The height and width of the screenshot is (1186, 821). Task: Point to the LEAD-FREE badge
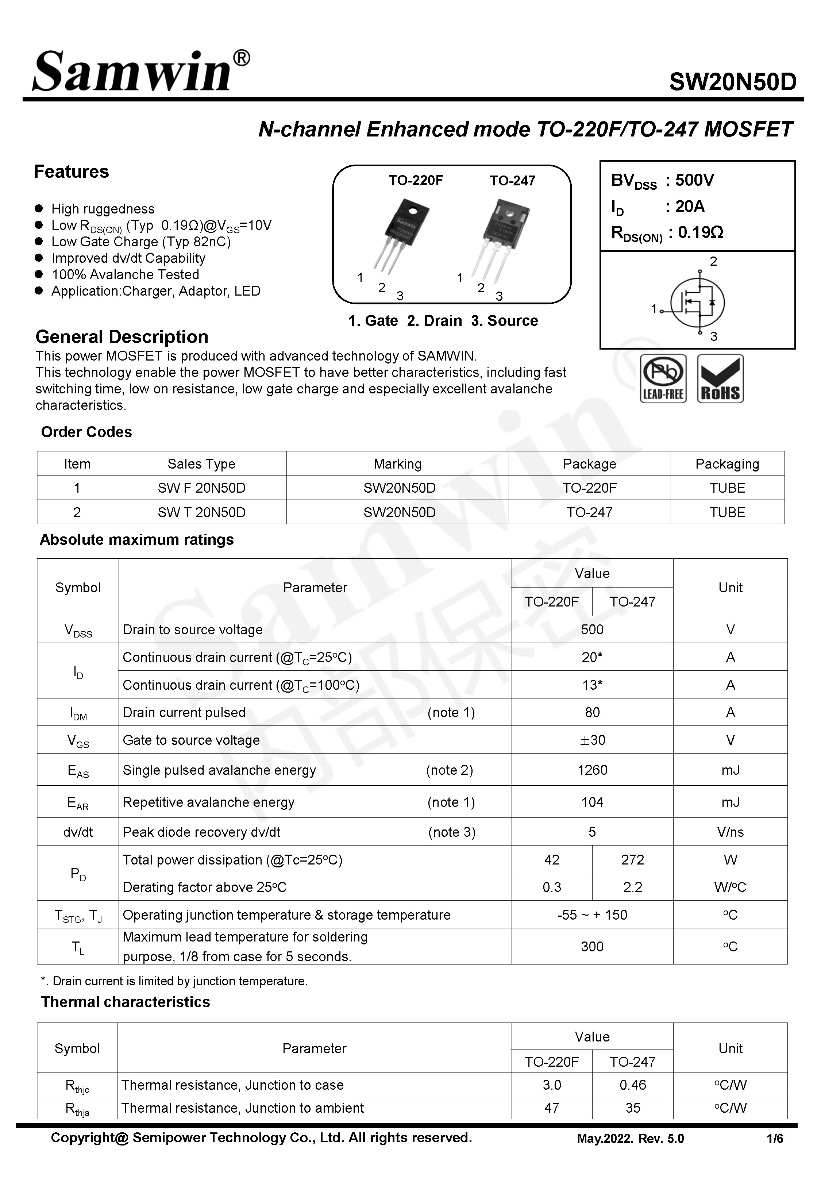(x=663, y=378)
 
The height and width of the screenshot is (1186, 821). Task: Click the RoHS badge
(x=720, y=378)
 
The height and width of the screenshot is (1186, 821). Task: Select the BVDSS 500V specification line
(x=663, y=181)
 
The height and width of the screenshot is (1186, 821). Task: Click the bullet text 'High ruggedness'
(x=103, y=209)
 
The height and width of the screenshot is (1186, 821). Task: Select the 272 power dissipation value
(x=632, y=859)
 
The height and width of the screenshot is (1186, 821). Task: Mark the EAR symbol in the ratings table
(x=78, y=803)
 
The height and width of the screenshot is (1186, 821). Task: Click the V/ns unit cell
(x=729, y=832)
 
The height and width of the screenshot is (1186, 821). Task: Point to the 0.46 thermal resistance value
(x=632, y=1085)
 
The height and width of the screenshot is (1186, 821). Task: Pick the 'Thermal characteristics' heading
(x=126, y=1002)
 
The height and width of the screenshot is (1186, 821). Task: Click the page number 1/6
(x=774, y=1139)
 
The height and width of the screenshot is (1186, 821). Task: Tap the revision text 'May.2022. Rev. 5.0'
(x=630, y=1139)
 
